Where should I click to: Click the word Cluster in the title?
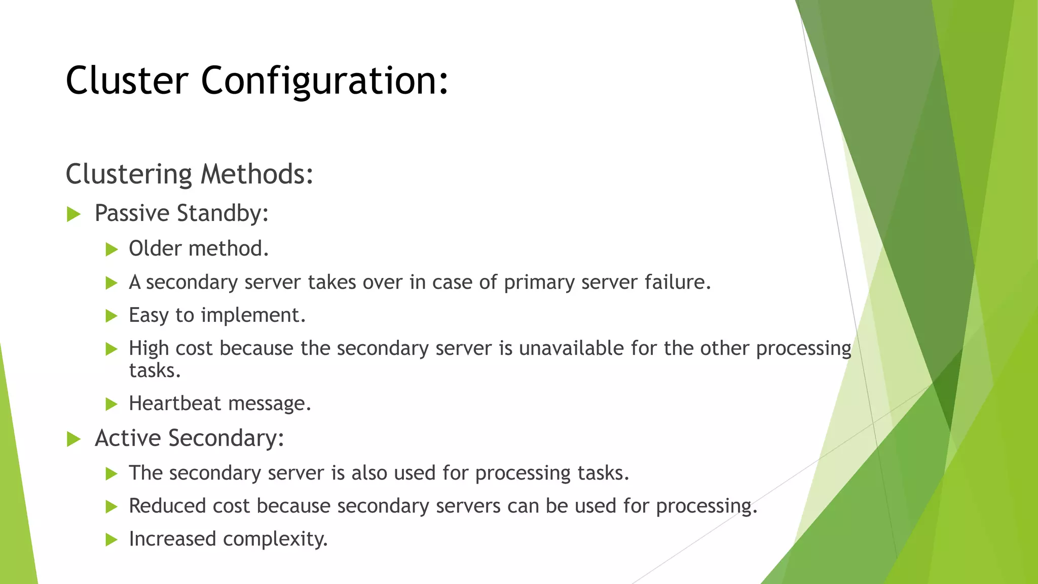point(127,81)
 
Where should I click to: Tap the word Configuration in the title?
point(324,81)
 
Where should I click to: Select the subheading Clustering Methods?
point(190,174)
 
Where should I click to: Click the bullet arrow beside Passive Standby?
point(74,214)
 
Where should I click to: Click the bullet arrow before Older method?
point(112,249)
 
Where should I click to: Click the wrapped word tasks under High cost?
point(155,371)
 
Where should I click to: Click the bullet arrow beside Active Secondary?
point(74,440)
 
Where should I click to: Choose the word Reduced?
point(168,506)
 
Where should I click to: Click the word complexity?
point(275,539)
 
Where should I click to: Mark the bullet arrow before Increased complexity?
point(112,540)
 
